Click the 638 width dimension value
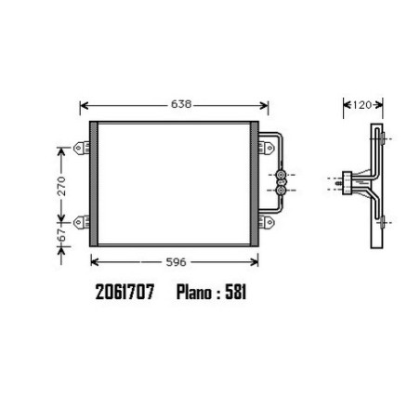click(181, 104)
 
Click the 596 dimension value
click(176, 262)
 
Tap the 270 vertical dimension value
click(62, 186)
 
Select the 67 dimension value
click(62, 235)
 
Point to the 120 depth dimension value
click(361, 105)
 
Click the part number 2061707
click(125, 292)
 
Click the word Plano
click(194, 292)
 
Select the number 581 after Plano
click(236, 292)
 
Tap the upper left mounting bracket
click(82, 148)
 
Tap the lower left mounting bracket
click(82, 222)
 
